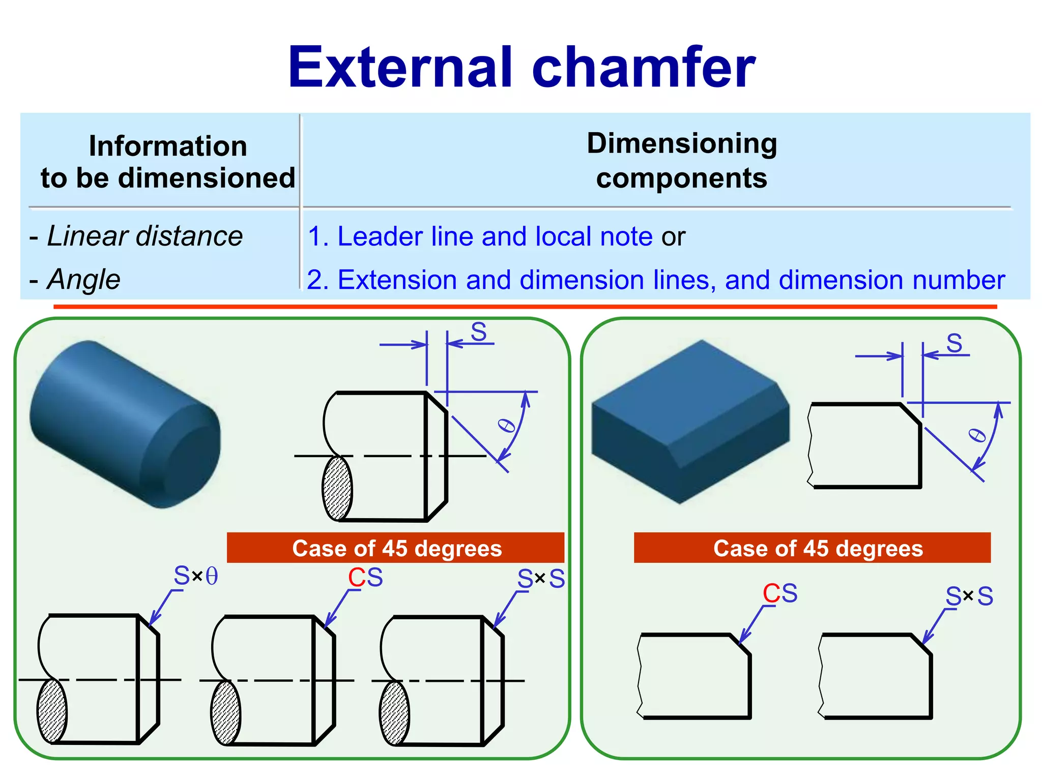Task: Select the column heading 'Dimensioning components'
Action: pos(682,161)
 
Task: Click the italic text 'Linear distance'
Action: pos(144,236)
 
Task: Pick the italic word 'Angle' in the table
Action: pos(84,280)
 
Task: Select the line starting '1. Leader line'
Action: pos(496,236)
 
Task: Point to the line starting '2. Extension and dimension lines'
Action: pos(655,280)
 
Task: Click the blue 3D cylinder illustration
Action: pos(125,424)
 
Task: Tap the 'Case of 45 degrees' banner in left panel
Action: pos(396,548)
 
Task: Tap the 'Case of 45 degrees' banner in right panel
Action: pos(812,548)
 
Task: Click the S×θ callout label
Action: pos(196,576)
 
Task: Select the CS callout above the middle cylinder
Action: pos(365,578)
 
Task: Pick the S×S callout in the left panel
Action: pos(541,579)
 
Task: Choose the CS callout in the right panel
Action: pos(779,593)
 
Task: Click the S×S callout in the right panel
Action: pos(969,596)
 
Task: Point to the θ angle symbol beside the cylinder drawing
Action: pos(507,425)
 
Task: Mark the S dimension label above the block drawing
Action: pos(954,343)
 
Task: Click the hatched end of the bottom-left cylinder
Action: pos(52,711)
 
